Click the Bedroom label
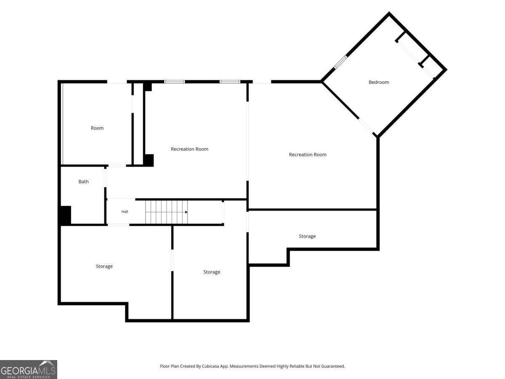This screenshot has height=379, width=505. (378, 82)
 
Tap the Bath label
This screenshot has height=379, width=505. (83, 181)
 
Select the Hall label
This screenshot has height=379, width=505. (125, 211)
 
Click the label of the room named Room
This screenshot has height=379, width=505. (97, 128)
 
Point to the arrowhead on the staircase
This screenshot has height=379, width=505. (186, 212)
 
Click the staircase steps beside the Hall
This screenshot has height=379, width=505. (166, 212)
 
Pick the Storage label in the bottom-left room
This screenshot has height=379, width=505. (104, 266)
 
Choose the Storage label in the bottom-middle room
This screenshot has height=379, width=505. (212, 272)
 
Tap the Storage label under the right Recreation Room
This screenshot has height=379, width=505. (307, 236)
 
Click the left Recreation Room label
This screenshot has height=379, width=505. (189, 149)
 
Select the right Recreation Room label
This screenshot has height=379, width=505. (308, 155)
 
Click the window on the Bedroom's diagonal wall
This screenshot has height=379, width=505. (340, 62)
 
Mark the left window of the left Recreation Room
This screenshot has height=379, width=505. (174, 82)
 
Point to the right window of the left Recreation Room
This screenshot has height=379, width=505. (230, 82)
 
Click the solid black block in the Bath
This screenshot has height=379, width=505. (66, 215)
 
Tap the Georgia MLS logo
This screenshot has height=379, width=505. (29, 369)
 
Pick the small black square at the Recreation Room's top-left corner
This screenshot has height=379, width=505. (147, 87)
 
